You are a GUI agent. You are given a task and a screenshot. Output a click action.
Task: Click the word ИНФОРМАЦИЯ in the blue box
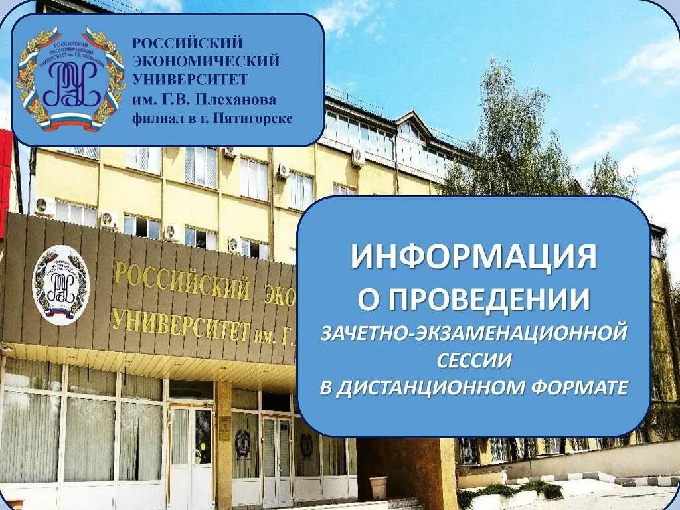(473, 257)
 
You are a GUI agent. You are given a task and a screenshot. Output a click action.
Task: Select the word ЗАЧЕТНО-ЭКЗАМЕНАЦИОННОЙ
(473, 333)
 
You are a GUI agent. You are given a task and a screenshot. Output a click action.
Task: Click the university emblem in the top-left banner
(70, 79)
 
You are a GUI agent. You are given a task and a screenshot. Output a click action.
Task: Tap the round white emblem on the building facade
(60, 285)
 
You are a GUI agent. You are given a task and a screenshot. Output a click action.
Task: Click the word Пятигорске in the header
(258, 119)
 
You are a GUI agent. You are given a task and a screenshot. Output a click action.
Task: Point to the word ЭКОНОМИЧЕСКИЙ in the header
(206, 62)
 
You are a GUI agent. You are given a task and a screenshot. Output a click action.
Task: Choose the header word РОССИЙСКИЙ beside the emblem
(188, 44)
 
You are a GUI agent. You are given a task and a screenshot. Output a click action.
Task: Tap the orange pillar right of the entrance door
(224, 445)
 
